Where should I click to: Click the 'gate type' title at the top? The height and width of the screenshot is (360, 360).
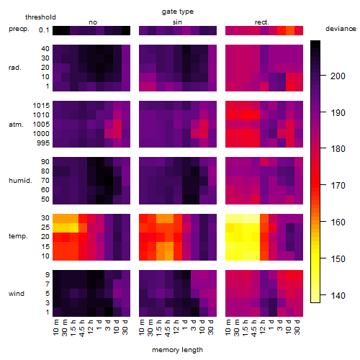[178, 12]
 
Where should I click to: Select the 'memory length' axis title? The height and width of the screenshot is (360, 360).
[177, 350]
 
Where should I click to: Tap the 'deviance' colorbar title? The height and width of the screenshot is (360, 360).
[341, 29]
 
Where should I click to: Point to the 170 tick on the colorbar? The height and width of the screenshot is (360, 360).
[323, 185]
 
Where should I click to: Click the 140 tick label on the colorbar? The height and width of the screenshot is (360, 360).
[338, 295]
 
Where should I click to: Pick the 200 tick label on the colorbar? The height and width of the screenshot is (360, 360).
[338, 76]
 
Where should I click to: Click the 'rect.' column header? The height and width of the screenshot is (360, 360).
[261, 22]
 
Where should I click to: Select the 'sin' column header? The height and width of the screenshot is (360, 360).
[177, 22]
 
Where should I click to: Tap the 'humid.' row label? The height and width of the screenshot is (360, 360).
[20, 181]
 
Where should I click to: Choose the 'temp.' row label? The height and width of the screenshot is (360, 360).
[18, 236]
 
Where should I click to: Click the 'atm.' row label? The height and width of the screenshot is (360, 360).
[16, 125]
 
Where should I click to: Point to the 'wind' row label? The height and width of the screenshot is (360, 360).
[17, 294]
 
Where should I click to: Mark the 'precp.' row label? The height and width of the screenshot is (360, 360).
[19, 29]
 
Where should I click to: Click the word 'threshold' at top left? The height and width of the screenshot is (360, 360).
[40, 17]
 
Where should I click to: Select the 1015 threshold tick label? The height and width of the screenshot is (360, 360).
[41, 106]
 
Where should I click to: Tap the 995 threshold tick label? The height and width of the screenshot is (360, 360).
[43, 143]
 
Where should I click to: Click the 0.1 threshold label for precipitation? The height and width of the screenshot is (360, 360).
[44, 30]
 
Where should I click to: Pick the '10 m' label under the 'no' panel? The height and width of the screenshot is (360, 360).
[56, 328]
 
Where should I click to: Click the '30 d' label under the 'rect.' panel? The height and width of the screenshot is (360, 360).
[297, 328]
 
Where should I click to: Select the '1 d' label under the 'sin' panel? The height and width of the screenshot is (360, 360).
[185, 325]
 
